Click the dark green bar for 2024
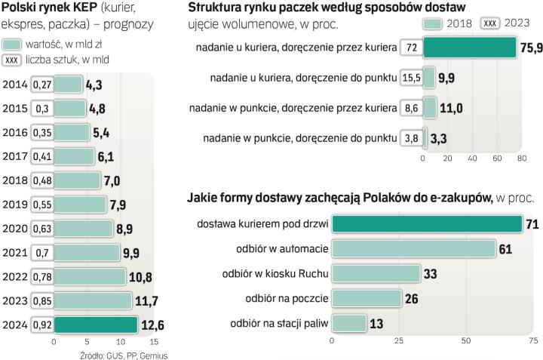(x=96, y=325)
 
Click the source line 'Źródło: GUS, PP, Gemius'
(x=123, y=355)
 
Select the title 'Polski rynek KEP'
(x=42, y=8)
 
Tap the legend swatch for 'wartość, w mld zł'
(x=12, y=44)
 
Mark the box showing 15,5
(x=411, y=77)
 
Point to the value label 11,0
(x=451, y=108)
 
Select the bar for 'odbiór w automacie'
(x=413, y=248)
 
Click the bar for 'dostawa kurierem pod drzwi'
(x=427, y=224)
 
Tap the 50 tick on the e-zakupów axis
(x=465, y=340)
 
